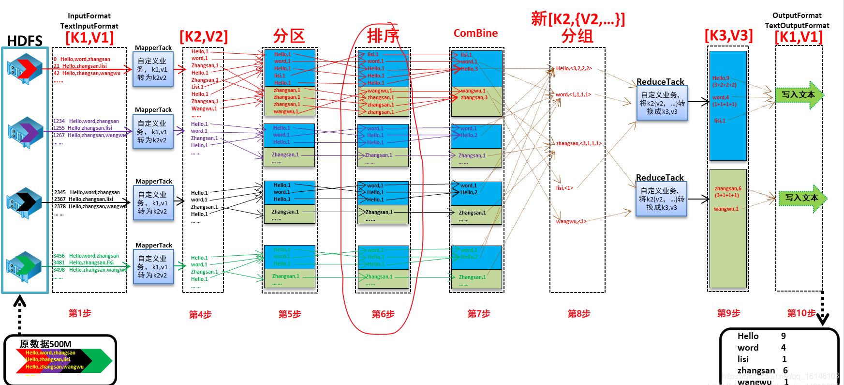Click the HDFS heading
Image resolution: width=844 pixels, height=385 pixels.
point(25,41)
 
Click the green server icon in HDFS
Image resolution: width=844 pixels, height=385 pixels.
point(24,266)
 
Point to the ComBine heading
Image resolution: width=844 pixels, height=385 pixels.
point(475,33)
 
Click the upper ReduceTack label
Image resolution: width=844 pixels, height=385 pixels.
point(660,82)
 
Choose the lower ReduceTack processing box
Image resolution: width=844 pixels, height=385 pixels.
point(661,199)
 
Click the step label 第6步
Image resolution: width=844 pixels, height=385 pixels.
point(383,314)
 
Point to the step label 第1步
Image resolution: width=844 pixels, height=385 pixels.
point(80,313)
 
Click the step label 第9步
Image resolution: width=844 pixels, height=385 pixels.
point(728,313)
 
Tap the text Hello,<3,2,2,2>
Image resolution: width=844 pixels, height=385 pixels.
point(574,69)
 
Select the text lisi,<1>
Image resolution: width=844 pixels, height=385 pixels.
point(564,188)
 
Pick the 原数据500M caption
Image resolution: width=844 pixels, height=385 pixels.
point(45,344)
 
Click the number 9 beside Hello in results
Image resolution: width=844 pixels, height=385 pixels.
point(783,336)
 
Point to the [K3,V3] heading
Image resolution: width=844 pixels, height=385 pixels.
point(728,35)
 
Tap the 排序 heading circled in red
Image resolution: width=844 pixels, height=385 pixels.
point(383,35)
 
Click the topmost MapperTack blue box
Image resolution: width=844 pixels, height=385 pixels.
point(153,69)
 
